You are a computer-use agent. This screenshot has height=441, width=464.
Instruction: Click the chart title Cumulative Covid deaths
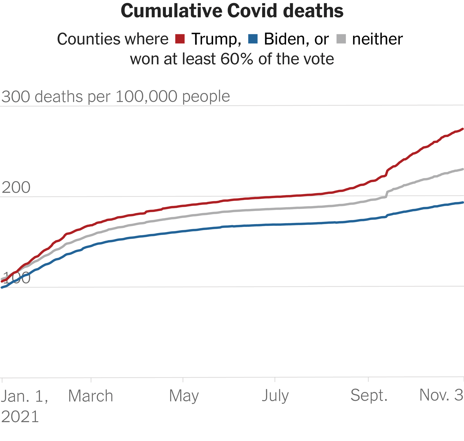pyautogui.click(x=232, y=11)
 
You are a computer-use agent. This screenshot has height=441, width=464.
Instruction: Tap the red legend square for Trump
pyautogui.click(x=180, y=39)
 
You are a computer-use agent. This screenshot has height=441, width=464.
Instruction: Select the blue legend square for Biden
pyautogui.click(x=253, y=39)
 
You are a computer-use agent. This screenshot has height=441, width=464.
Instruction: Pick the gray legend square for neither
pyautogui.click(x=341, y=39)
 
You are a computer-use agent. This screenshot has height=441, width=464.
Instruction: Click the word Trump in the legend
pyautogui.click(x=216, y=39)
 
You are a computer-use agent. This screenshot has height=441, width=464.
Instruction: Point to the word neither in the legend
pyautogui.click(x=377, y=39)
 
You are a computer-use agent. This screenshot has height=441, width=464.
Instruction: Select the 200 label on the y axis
pyautogui.click(x=16, y=188)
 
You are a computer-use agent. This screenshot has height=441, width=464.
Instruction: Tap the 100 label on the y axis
pyautogui.click(x=16, y=278)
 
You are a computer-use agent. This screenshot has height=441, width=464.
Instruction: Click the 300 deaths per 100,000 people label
pyautogui.click(x=115, y=97)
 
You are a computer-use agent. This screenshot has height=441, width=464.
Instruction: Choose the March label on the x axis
pyautogui.click(x=90, y=396)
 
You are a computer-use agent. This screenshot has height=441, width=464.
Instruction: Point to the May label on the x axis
pyautogui.click(x=184, y=396)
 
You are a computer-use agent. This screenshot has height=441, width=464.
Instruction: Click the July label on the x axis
pyautogui.click(x=275, y=396)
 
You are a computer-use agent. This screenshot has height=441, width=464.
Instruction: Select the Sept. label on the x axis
pyautogui.click(x=369, y=395)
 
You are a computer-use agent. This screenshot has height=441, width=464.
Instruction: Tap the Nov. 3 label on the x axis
pyautogui.click(x=441, y=395)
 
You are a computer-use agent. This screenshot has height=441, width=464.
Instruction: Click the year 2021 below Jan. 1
pyautogui.click(x=20, y=417)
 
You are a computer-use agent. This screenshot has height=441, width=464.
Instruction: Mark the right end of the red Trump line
pyautogui.click(x=463, y=129)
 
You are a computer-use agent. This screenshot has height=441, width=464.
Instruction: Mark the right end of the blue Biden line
pyautogui.click(x=463, y=202)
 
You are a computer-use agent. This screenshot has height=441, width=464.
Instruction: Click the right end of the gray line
pyautogui.click(x=463, y=169)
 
